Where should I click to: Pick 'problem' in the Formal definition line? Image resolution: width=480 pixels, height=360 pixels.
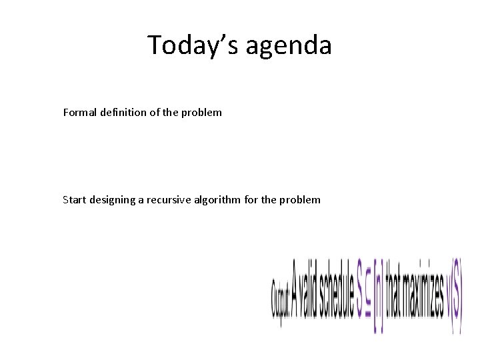point(201,113)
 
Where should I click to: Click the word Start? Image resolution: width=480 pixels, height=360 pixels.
point(75,199)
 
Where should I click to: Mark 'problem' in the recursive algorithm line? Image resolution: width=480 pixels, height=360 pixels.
point(300,200)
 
